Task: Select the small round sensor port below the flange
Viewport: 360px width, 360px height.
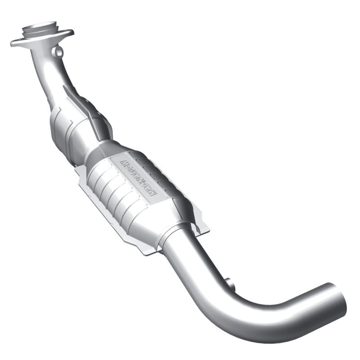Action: click(x=59, y=51)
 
